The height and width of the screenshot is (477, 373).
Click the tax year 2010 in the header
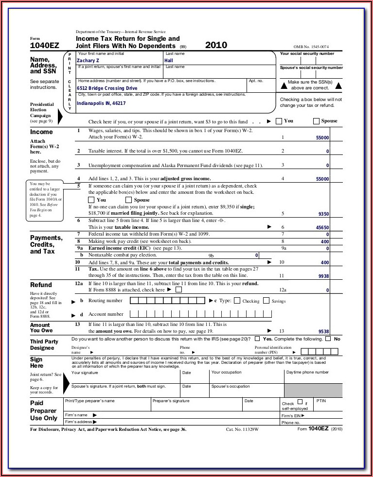tap(216, 46)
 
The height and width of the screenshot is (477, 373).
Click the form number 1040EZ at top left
tap(45, 46)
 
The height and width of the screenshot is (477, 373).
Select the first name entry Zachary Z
tap(88, 60)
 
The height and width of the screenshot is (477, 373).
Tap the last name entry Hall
tap(169, 60)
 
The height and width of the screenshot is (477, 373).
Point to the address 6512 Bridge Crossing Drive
tap(107, 88)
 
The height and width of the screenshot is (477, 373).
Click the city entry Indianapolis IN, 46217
tap(101, 103)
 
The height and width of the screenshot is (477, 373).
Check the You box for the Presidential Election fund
tap(279, 121)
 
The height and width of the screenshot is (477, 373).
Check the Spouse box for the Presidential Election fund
tap(317, 121)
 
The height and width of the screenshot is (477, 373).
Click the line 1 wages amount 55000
tap(322, 138)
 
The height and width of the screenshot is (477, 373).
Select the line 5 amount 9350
tap(323, 214)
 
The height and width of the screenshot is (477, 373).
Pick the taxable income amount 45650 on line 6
tap(322, 227)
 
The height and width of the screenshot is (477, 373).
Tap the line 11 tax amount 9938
tap(323, 276)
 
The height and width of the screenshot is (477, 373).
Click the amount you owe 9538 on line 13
tap(323, 334)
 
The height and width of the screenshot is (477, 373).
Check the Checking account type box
tap(237, 301)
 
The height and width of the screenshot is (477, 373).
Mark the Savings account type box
tap(266, 301)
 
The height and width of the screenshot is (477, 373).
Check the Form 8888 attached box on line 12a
tap(178, 290)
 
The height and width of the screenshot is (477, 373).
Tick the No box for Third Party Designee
tap(328, 339)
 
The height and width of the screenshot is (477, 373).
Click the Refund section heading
tap(41, 285)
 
